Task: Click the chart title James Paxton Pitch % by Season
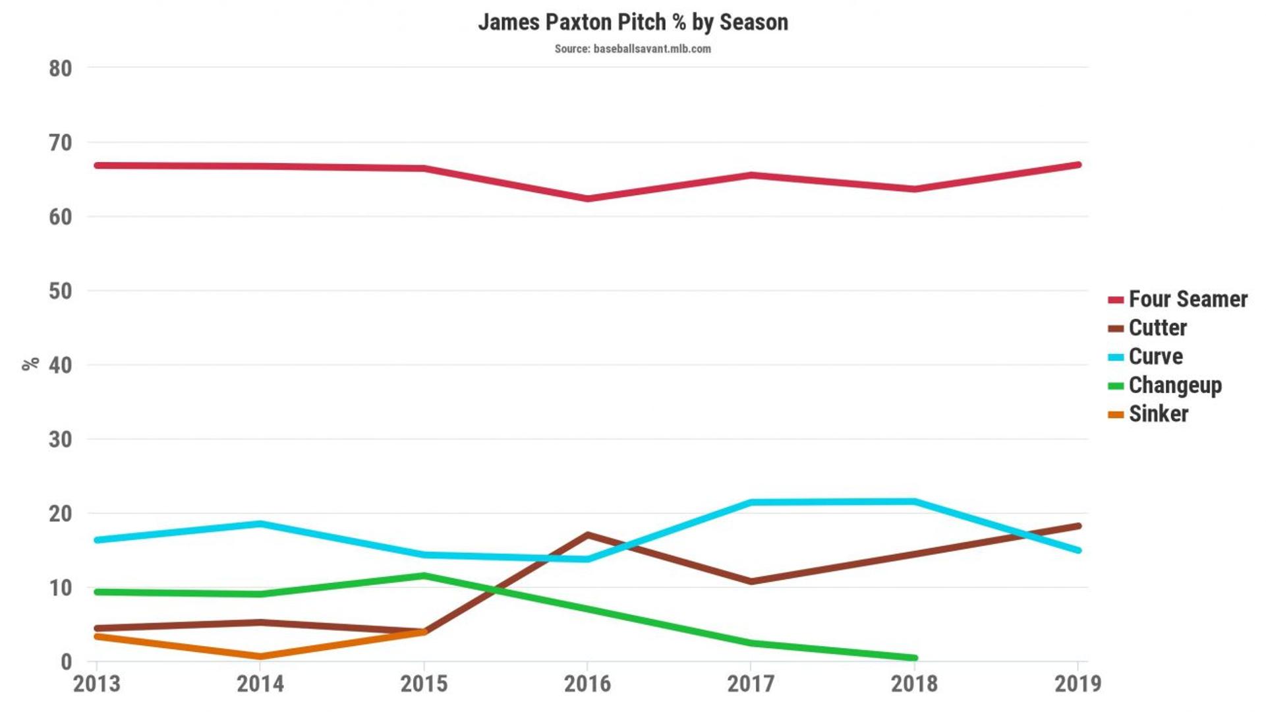click(x=633, y=22)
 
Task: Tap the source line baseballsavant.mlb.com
click(x=633, y=49)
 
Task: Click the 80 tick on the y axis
click(x=60, y=69)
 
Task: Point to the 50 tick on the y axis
click(x=60, y=291)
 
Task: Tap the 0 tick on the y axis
click(x=66, y=662)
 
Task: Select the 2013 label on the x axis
click(x=97, y=684)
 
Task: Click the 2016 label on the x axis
click(x=587, y=684)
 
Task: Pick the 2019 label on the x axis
click(x=1078, y=684)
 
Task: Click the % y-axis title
click(x=30, y=364)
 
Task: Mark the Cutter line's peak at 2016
click(x=587, y=535)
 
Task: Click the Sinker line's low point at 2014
click(x=260, y=657)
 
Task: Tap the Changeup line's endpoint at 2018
click(x=914, y=658)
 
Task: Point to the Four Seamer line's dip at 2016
click(x=587, y=198)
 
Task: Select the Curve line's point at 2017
click(x=751, y=502)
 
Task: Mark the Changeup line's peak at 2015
click(x=424, y=576)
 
